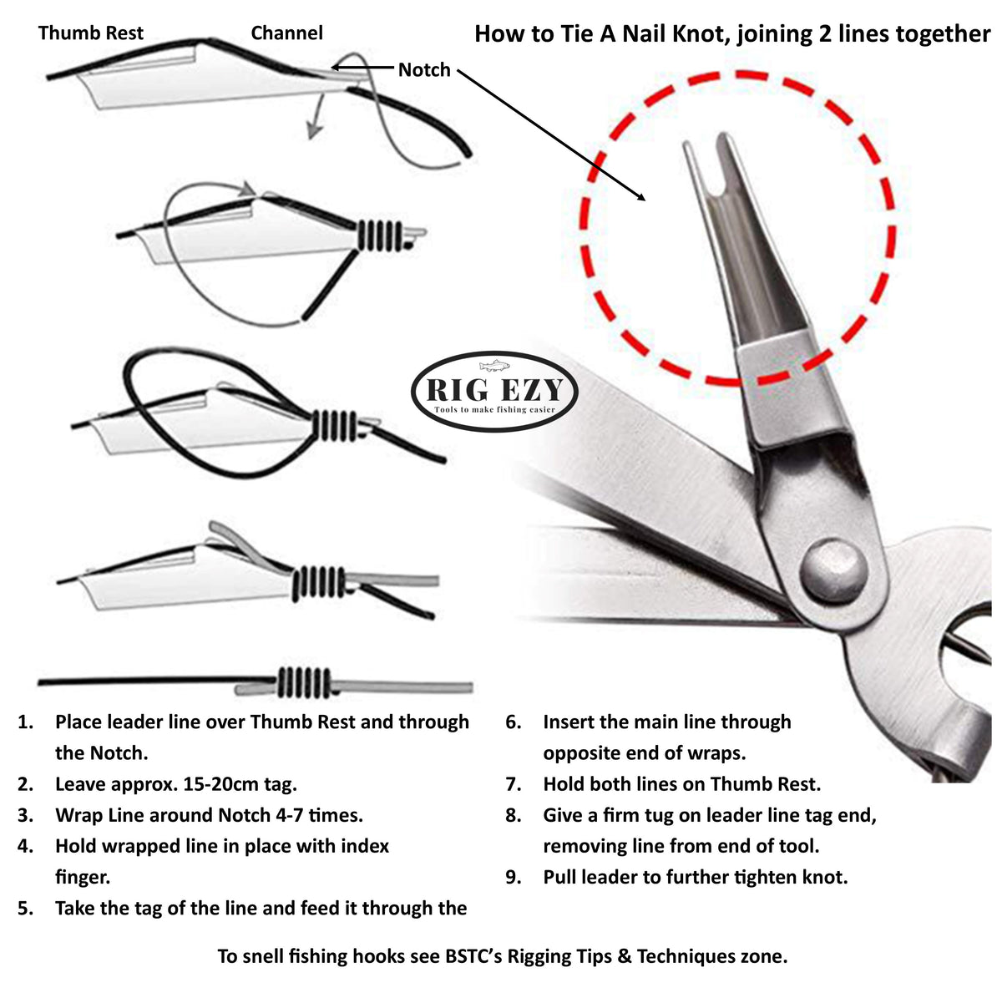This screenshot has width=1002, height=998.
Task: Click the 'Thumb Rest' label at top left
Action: tap(90, 33)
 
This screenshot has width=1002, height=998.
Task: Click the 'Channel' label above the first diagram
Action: tap(286, 33)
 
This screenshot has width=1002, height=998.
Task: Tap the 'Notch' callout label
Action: tap(423, 70)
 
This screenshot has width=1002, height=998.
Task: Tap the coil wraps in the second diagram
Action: tap(381, 234)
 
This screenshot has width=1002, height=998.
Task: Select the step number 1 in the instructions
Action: tap(25, 722)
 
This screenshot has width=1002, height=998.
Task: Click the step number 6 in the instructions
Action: tap(513, 722)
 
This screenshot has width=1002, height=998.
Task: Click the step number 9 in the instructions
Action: tap(513, 877)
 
